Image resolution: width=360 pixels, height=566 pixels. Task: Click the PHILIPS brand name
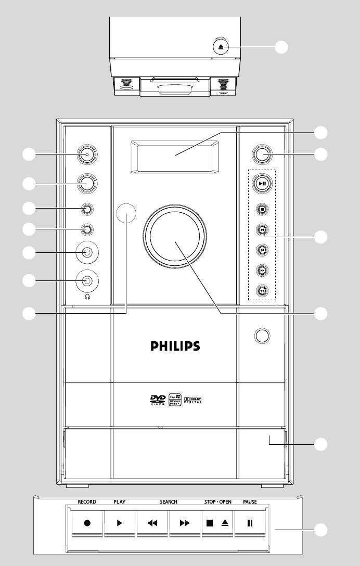tap(174, 346)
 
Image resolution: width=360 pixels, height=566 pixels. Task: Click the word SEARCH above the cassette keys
tap(168, 502)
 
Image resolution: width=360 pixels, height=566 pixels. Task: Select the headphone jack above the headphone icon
tap(87, 281)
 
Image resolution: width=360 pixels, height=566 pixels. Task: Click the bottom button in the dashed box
tap(263, 291)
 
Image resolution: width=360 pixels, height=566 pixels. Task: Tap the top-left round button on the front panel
tap(87, 153)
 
